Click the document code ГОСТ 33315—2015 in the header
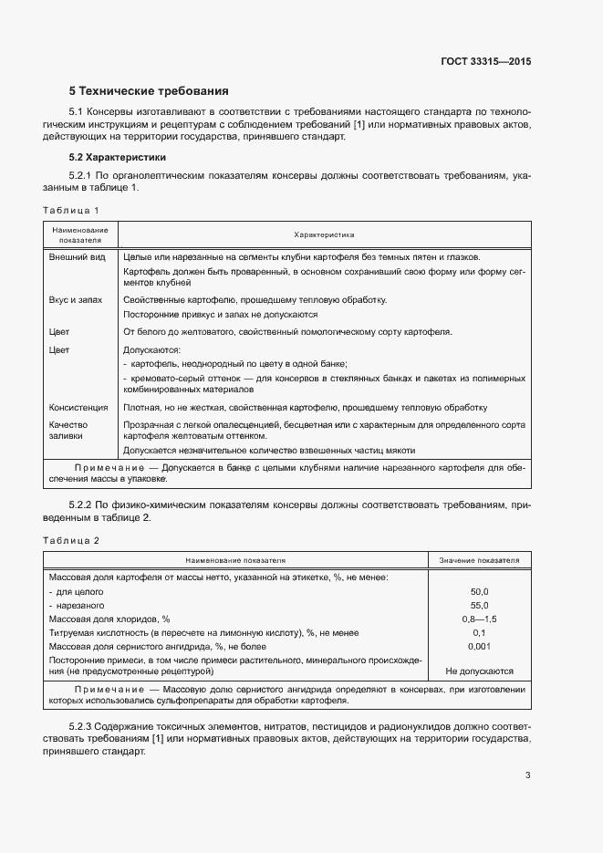[485, 63]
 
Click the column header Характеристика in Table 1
[324, 234]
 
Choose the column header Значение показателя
[479, 560]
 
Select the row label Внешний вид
[71, 257]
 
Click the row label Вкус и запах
[75, 299]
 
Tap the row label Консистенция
[78, 408]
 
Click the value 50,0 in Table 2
[479, 591]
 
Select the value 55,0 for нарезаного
[479, 605]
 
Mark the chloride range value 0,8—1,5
[479, 619]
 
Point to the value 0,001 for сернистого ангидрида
[479, 646]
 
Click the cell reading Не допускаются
[479, 671]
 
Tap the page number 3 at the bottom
[527, 776]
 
